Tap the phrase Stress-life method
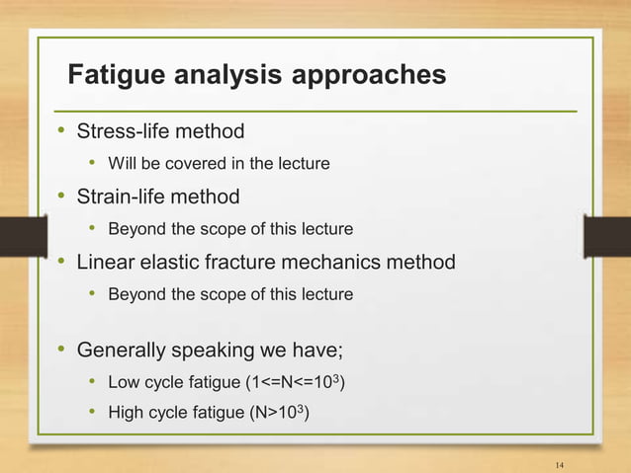160,130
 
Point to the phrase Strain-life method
158,197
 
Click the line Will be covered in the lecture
218,163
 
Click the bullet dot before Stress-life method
61,130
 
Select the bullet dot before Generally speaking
61,349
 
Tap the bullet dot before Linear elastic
61,263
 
